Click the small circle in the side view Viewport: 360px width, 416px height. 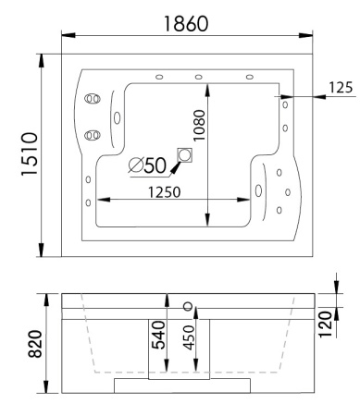(189, 305)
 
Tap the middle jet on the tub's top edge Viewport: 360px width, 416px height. (198, 77)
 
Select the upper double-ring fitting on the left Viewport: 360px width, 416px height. (91, 99)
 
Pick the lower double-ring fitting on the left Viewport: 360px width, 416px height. (91, 135)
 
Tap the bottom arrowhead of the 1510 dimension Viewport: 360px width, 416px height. (42, 254)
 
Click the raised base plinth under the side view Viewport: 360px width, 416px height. (181, 385)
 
